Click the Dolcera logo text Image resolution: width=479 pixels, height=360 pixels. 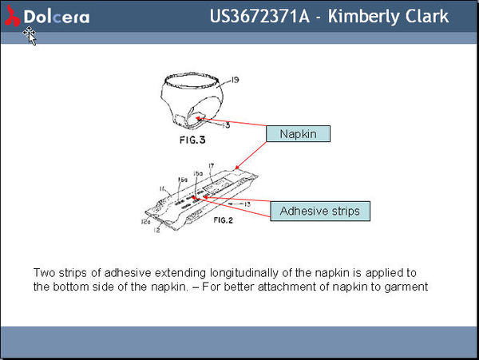57,17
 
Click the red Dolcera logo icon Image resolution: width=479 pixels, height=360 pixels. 14,16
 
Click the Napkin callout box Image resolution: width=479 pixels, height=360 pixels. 297,134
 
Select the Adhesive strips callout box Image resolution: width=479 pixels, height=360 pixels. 319,212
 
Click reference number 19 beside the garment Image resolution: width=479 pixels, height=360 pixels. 235,80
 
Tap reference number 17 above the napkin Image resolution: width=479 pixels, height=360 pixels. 212,165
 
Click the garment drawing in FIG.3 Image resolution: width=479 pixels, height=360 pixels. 194,100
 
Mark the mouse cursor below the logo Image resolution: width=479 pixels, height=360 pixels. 30,35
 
